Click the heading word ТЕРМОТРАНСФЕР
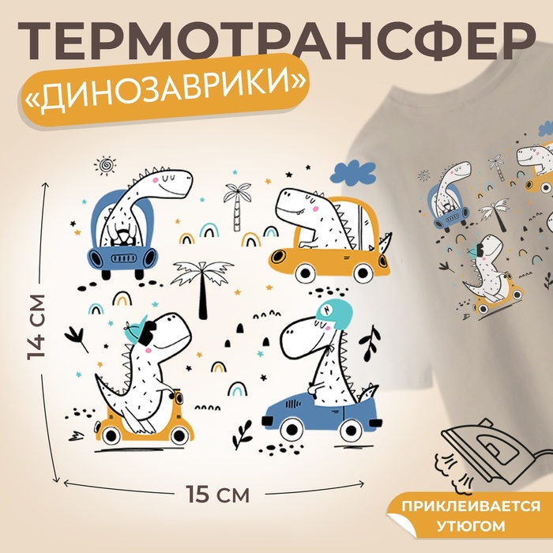(x=276, y=41)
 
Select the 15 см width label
(x=217, y=494)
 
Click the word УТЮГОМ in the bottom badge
(x=472, y=526)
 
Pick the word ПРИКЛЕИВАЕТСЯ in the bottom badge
(x=471, y=506)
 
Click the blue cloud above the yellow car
(x=353, y=174)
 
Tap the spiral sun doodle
(x=105, y=165)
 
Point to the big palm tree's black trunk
(x=202, y=294)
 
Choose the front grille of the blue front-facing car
(x=123, y=258)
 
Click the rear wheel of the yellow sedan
(x=363, y=272)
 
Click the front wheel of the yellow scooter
(x=179, y=436)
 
